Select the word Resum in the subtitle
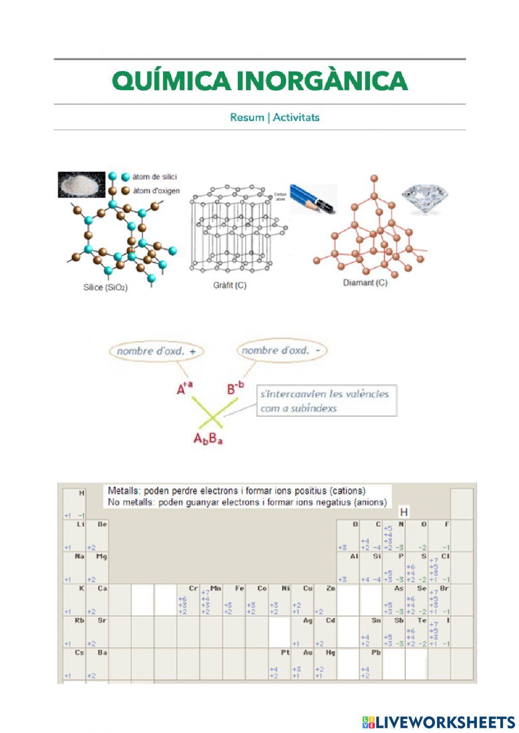(247, 117)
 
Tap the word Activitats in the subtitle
(296, 117)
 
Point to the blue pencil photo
(313, 199)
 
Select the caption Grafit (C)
(230, 285)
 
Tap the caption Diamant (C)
(365, 283)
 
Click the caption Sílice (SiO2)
(105, 287)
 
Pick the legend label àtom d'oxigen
(156, 191)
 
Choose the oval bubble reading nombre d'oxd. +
(156, 351)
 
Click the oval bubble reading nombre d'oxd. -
(282, 351)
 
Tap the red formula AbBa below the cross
(208, 439)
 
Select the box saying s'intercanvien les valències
(326, 400)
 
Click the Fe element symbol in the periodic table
(239, 588)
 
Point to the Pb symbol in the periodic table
(376, 653)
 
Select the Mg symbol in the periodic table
(102, 557)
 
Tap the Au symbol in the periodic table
(308, 653)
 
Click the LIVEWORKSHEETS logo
(439, 722)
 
